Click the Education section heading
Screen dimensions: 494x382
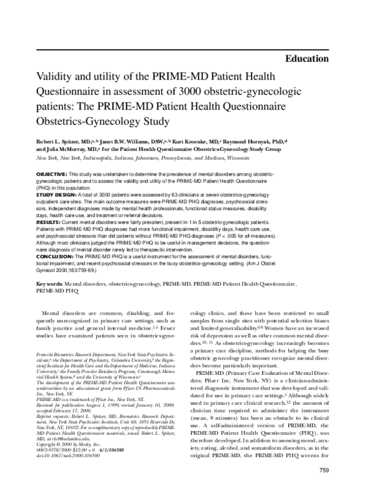coord(312,59)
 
